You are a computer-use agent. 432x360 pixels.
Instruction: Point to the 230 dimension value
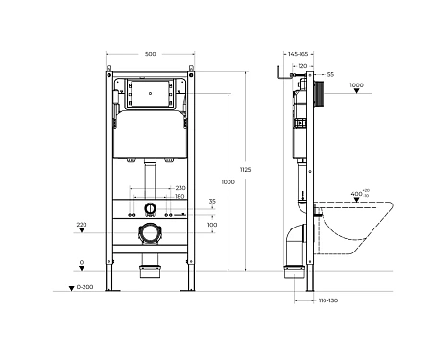coord(180,188)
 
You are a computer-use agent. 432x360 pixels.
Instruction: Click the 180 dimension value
coord(180,197)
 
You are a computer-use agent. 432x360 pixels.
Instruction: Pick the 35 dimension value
coord(212,202)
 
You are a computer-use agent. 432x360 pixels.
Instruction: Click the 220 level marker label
coord(82,224)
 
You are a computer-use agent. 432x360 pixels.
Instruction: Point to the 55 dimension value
coord(330,74)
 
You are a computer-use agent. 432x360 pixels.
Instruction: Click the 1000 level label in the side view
coord(356,85)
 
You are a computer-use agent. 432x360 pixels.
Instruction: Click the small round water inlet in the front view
coord(149,207)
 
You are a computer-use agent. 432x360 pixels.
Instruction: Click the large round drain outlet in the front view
coord(149,231)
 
